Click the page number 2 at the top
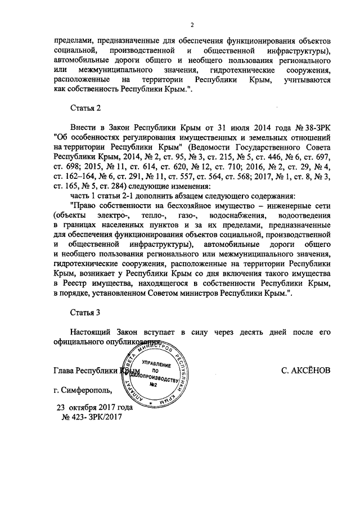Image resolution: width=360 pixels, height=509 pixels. click(192, 25)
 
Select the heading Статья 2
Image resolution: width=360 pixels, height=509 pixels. click(84, 107)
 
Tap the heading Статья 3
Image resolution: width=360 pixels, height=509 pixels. click(84, 313)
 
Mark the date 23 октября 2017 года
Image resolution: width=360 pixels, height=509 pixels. click(94, 407)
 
